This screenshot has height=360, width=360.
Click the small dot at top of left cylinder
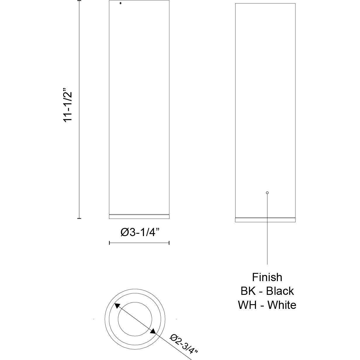tap(120, 3)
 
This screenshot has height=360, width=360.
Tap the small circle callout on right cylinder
tap(267, 193)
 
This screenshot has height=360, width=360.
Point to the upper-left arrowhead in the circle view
tap(117, 306)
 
